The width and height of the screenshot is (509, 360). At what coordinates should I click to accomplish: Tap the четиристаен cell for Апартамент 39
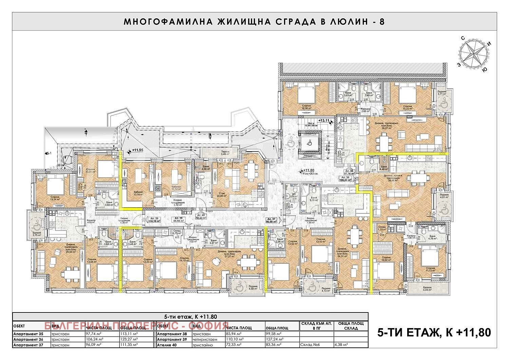(204, 339)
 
